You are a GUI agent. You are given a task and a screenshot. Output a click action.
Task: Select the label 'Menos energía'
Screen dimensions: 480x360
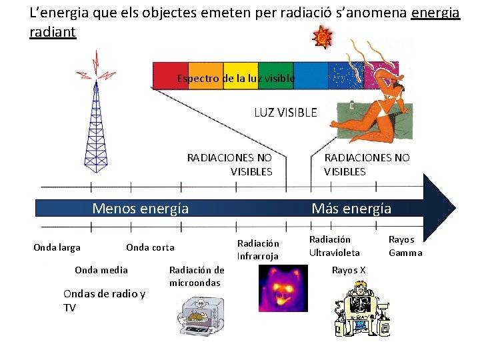[140, 209]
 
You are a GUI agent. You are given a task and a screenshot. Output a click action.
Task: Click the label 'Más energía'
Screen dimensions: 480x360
[351, 209]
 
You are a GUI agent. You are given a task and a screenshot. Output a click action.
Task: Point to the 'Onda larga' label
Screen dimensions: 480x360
[57, 247]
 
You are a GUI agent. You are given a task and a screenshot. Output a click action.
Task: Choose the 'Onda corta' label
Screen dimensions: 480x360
[150, 247]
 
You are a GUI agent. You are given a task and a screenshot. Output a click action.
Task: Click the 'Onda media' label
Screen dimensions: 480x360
[101, 269]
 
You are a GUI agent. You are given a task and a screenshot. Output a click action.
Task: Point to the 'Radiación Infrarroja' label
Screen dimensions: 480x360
[258, 249]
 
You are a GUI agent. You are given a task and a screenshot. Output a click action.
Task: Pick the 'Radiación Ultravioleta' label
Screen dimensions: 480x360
[334, 245]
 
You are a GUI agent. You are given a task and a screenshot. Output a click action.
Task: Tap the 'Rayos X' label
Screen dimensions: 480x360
[349, 270]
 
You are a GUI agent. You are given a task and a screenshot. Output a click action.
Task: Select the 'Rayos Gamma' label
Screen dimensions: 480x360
[405, 245]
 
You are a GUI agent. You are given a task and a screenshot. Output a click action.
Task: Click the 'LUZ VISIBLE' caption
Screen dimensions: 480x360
[285, 113]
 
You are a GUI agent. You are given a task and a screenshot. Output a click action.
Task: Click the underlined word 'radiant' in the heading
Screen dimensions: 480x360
[53, 32]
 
